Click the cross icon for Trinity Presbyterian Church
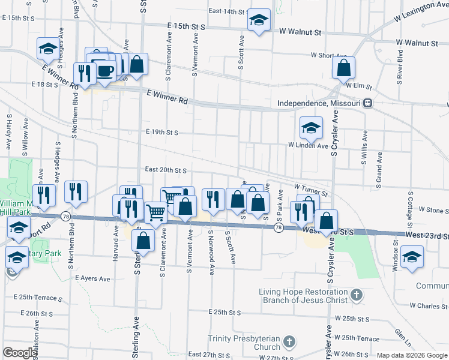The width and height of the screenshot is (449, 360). [289, 343]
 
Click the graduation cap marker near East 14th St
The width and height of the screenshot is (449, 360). [259, 20]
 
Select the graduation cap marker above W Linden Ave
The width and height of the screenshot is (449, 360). [311, 127]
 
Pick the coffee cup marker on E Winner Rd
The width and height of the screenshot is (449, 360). [105, 71]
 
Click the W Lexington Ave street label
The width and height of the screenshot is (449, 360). [421, 13]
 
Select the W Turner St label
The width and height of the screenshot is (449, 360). [311, 190]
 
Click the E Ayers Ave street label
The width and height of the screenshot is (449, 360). [93, 278]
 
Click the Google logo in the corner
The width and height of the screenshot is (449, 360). [20, 353]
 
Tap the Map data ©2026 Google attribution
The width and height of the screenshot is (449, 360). [412, 355]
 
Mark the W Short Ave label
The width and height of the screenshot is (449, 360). [329, 55]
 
